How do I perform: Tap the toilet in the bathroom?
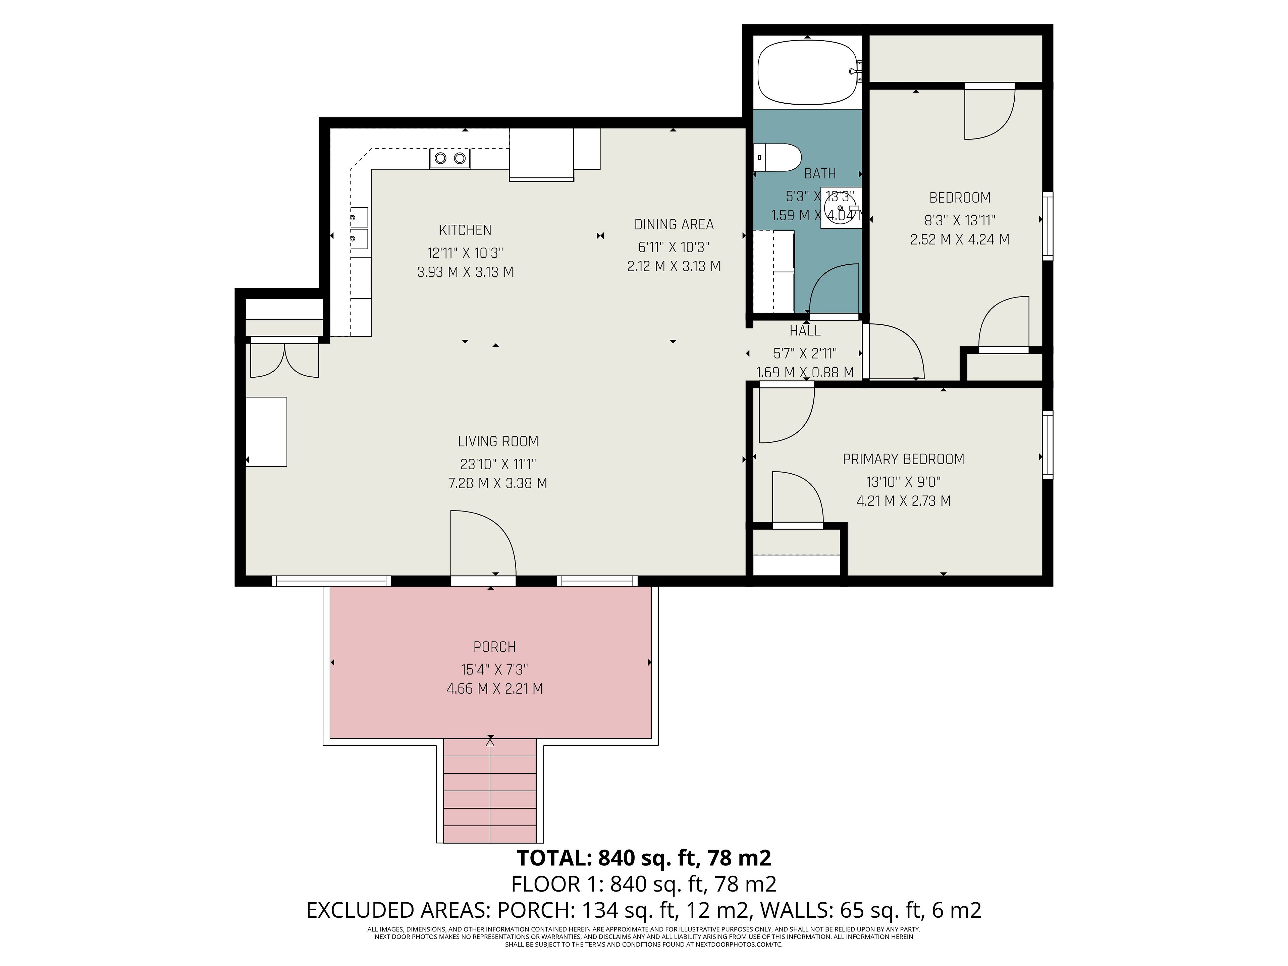776,158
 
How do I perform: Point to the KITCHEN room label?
465,230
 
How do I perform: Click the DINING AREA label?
674,224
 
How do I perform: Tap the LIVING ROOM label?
498,441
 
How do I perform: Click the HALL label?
805,331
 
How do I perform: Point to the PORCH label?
494,647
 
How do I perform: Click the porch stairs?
490,790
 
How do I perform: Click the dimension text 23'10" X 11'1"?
498,464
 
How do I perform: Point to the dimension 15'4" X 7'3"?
494,669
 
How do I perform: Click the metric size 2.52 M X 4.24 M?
960,239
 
